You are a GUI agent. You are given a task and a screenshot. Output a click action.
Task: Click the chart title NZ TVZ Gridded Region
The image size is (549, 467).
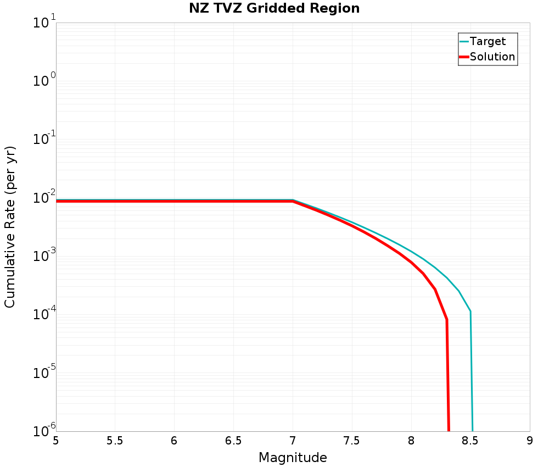(x=274, y=9)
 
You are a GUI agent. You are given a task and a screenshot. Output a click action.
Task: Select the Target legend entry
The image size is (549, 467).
(x=488, y=41)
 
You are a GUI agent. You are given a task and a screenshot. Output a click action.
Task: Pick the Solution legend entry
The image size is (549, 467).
(x=492, y=57)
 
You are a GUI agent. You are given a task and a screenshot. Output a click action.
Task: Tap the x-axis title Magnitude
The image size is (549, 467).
(x=293, y=458)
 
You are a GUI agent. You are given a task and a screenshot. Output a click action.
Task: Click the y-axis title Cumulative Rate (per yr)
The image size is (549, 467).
(x=10, y=227)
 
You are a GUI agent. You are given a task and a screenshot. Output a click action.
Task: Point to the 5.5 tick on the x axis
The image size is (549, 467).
(x=115, y=441)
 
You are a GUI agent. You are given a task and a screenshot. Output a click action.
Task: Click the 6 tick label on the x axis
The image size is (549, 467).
(x=174, y=441)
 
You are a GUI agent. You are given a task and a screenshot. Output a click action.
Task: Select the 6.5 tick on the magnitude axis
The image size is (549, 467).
(x=233, y=441)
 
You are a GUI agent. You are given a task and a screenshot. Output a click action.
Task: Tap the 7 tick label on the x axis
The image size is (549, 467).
(x=293, y=441)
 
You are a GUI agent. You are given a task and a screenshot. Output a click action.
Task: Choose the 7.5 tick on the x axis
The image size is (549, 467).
(x=351, y=441)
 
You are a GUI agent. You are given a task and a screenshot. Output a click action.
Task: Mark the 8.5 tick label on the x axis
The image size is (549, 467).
(x=470, y=441)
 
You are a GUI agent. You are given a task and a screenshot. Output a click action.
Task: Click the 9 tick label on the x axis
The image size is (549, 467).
(x=530, y=441)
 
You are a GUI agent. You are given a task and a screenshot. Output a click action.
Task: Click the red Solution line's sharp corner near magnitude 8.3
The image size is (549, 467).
(x=446, y=319)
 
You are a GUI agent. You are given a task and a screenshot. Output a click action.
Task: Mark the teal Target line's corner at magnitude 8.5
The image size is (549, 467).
(x=470, y=312)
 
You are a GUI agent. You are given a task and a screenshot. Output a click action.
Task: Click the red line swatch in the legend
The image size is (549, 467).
(x=464, y=57)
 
